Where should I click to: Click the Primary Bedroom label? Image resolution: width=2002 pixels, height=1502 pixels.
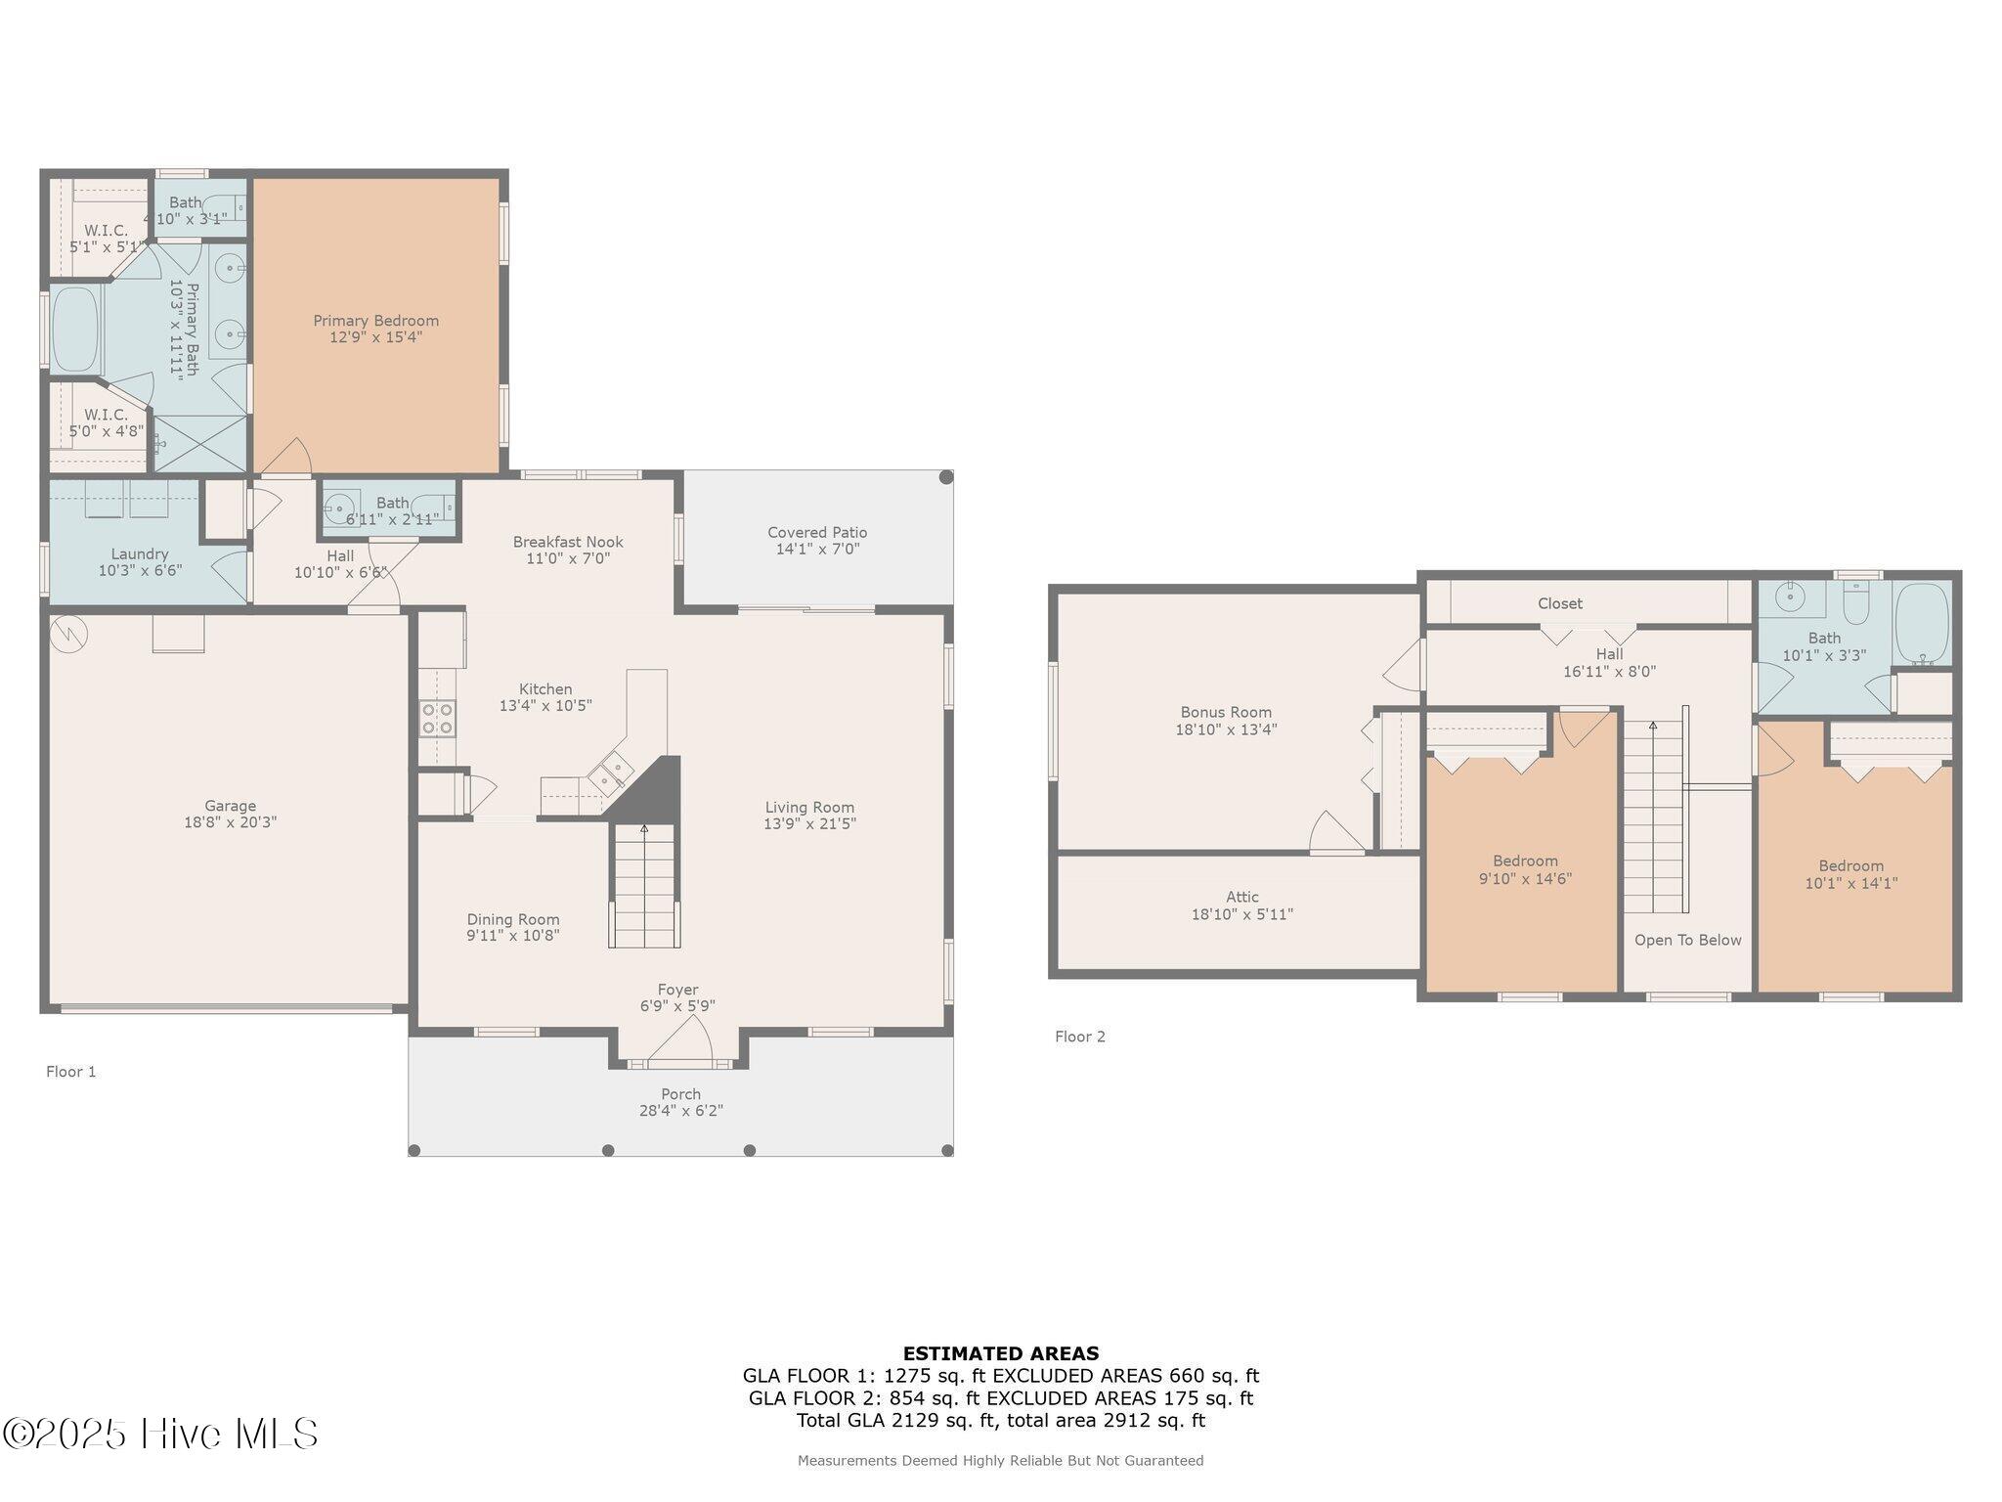(x=375, y=321)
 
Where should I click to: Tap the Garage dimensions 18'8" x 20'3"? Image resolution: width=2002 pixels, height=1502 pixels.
(x=230, y=822)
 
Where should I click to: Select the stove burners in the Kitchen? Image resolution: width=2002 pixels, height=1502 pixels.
(x=437, y=718)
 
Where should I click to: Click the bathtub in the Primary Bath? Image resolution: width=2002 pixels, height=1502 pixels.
(x=75, y=329)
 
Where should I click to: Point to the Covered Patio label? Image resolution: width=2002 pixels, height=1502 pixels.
(x=817, y=533)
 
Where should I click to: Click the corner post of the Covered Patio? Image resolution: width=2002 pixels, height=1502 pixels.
(x=945, y=478)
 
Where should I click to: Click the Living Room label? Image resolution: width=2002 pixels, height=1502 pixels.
(x=809, y=808)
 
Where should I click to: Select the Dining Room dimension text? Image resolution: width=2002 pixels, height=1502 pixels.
(x=512, y=936)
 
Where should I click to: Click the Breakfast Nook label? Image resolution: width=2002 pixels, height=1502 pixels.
(x=568, y=542)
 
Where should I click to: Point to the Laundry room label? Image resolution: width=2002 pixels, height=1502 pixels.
(x=140, y=554)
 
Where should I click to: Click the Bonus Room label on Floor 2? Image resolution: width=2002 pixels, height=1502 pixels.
(x=1226, y=713)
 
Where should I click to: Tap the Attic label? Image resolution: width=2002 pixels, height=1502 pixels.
(x=1242, y=897)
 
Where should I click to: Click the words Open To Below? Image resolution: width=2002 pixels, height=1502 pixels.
(x=1687, y=940)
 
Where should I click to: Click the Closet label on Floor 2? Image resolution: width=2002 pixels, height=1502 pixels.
(x=1559, y=603)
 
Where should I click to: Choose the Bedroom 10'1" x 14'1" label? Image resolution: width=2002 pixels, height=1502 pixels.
(x=1850, y=866)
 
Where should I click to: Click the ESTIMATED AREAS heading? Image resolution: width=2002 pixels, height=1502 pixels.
(x=1000, y=1353)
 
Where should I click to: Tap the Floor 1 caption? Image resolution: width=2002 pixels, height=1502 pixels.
(x=71, y=1072)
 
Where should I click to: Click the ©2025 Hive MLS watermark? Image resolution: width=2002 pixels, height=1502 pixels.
(x=161, y=1434)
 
